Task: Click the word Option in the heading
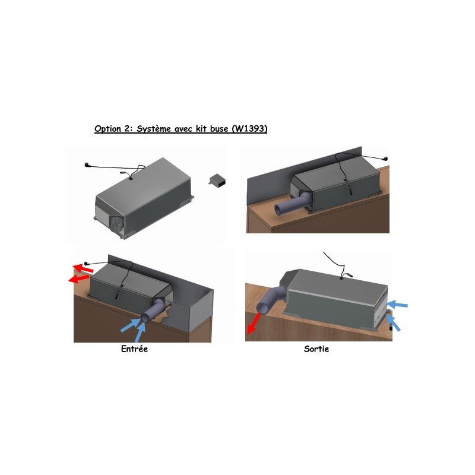[107, 129]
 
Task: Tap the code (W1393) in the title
[249, 129]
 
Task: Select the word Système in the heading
[154, 129]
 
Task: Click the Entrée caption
[134, 349]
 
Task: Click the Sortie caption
[316, 349]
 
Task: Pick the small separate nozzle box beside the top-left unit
[217, 181]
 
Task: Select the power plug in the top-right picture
[385, 158]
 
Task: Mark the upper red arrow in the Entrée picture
[83, 268]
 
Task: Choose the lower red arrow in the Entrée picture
[79, 278]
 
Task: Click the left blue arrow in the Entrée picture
[131, 325]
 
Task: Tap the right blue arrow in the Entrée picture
[141, 332]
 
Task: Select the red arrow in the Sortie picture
[254, 324]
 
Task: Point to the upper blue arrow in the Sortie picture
[397, 304]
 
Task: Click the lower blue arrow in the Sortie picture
[393, 323]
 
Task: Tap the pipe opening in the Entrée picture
[145, 318]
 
